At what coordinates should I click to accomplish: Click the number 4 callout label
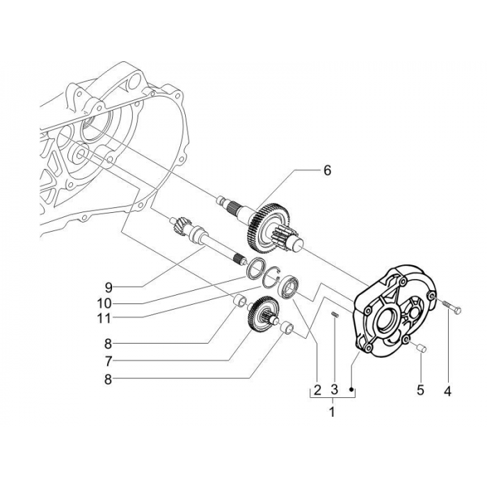447,392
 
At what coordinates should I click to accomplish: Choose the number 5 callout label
420,392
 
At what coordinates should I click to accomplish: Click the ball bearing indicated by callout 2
288,286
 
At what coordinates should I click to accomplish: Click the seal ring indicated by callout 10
257,266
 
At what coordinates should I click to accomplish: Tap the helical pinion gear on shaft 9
177,226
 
